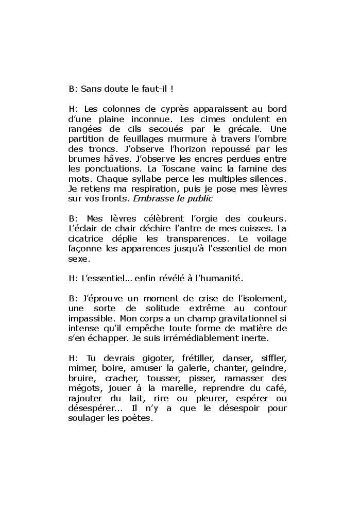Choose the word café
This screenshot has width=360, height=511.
point(276,387)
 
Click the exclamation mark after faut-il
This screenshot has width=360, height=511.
point(172,89)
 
